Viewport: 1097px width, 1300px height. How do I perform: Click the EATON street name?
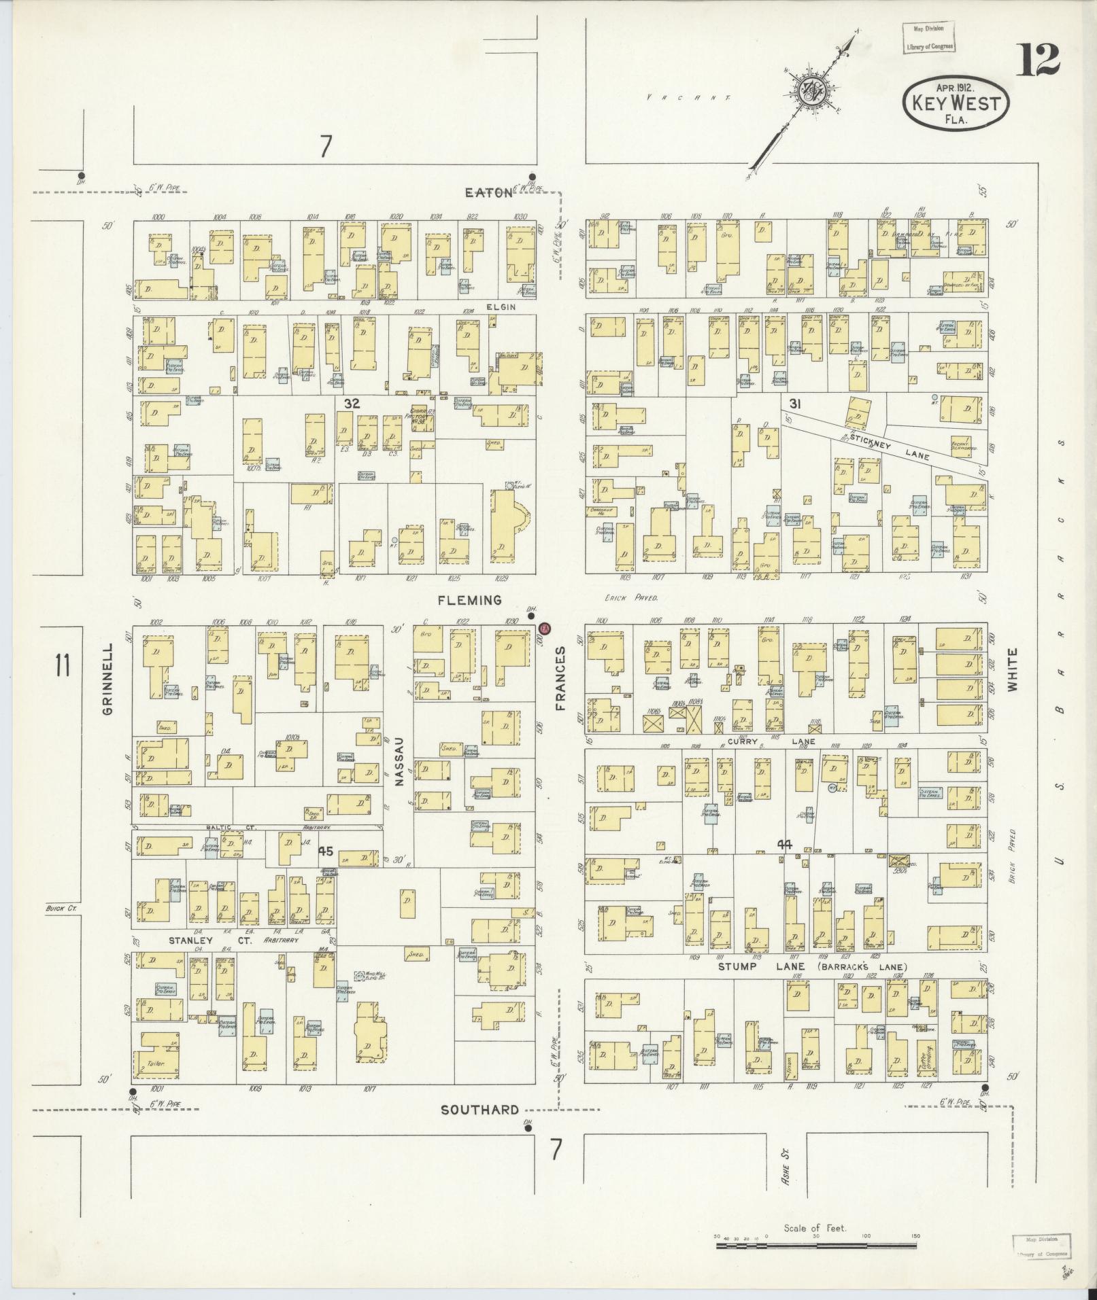(488, 192)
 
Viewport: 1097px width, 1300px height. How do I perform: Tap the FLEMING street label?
(469, 600)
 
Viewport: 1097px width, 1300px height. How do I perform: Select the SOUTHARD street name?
(479, 1110)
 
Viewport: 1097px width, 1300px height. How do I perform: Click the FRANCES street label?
(561, 678)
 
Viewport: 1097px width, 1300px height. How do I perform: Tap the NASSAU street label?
(399, 762)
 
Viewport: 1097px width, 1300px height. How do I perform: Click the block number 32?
(351, 404)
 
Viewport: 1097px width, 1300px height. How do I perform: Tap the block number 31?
(794, 404)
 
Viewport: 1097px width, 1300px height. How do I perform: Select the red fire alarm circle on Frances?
(545, 628)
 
